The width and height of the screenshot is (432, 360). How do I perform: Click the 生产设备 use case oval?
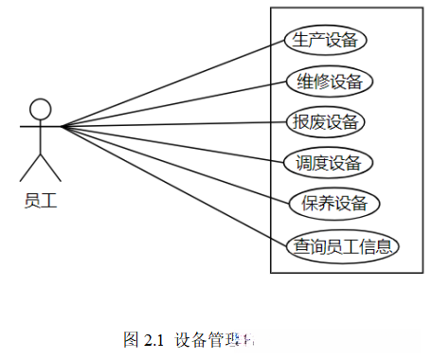coord(326,40)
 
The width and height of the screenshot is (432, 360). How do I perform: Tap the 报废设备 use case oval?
coord(325,121)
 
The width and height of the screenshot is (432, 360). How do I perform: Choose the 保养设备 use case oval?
coord(334,204)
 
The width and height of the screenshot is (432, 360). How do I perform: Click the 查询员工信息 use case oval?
coord(342,245)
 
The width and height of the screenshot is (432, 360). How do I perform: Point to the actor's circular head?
coord(40,108)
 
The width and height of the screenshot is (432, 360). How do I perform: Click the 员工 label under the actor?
coord(40,201)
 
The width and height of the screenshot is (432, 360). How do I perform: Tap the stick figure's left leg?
coord(30,170)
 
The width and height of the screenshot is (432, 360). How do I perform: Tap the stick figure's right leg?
coord(50,170)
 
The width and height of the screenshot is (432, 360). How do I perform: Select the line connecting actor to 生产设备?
coord(171,83)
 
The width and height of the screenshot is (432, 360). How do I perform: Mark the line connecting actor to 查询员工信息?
coord(171,184)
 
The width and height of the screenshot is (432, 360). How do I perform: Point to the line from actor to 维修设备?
coord(171,103)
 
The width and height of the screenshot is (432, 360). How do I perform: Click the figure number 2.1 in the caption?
coord(153,338)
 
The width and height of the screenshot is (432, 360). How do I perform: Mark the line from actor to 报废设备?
coord(171,124)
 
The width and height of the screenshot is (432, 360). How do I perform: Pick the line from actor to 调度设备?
coord(171,144)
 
